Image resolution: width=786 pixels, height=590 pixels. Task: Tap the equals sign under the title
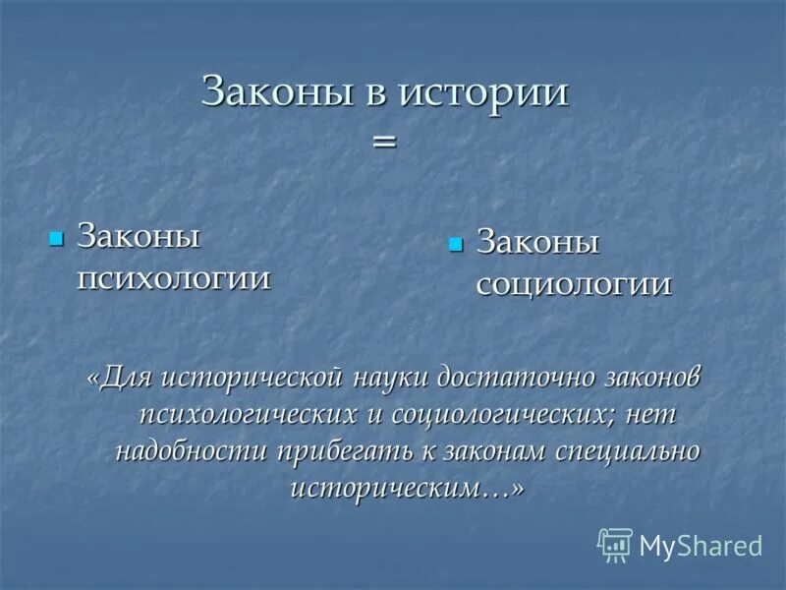coord(384,142)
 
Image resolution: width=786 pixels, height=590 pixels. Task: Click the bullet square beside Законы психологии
coord(56,237)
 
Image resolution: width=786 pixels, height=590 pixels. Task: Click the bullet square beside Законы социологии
coord(454,243)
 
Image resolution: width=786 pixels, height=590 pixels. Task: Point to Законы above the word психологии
coord(139,237)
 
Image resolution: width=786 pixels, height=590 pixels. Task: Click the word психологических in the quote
coord(248,414)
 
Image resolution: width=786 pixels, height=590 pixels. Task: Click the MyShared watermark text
coord(701,546)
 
